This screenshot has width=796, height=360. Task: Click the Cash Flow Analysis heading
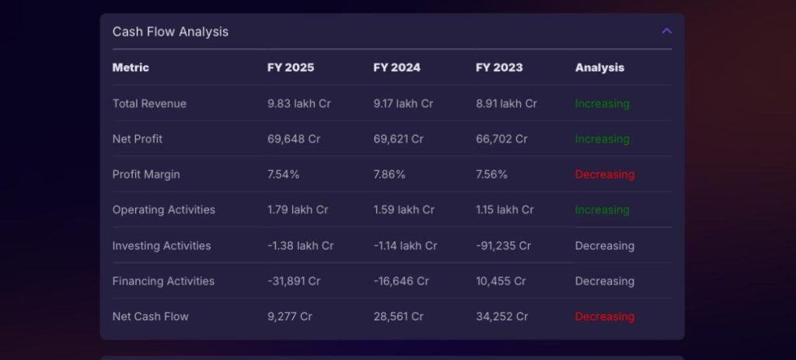pos(170,32)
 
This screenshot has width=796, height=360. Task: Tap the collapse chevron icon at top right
pos(666,31)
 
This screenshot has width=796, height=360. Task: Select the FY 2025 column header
pos(291,68)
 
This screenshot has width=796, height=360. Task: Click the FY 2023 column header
pos(499,68)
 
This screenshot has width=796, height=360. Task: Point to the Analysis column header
pos(599,68)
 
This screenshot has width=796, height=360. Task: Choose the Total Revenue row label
pos(149,103)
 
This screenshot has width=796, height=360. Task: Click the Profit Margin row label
pos(146,174)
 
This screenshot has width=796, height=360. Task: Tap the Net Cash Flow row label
pos(151,316)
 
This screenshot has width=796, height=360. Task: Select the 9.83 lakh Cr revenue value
pos(299,103)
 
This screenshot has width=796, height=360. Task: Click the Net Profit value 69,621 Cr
pos(398,139)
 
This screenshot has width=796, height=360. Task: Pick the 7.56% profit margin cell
pos(491,174)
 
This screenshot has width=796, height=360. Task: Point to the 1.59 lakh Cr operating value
pos(403,210)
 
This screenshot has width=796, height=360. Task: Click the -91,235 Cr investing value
pos(503,246)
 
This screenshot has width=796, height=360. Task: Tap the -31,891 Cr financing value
pos(294,281)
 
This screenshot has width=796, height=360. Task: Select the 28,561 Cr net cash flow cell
pos(398,316)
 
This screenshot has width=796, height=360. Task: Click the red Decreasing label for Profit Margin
pos(605,174)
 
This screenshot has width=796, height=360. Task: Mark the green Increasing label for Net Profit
pos(602,139)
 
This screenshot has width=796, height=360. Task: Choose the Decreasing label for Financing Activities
pos(605,281)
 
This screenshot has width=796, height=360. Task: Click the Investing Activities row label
pos(162,246)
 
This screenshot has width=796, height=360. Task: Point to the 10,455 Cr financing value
pos(501,281)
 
